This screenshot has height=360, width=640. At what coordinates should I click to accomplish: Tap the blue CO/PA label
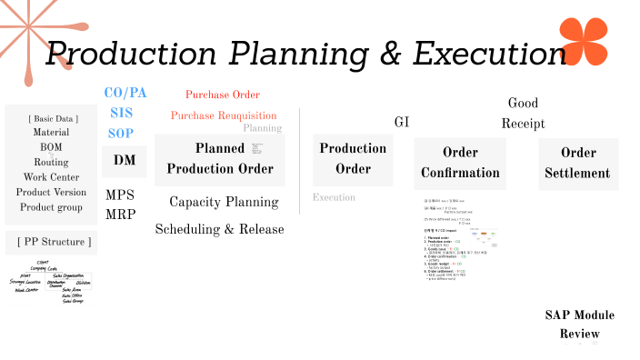click(125, 94)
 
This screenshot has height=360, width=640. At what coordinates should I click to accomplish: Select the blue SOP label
click(121, 133)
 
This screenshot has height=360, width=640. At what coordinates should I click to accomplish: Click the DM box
click(124, 161)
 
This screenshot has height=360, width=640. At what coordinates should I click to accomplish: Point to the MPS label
click(120, 195)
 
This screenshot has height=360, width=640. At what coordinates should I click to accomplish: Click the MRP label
click(120, 215)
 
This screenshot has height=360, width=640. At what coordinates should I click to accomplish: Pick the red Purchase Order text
click(223, 95)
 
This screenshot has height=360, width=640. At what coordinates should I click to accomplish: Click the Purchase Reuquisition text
click(224, 115)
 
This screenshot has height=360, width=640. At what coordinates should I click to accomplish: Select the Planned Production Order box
click(219, 159)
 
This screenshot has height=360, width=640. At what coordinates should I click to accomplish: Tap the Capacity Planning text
click(224, 202)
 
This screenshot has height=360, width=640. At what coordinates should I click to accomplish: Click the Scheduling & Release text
click(219, 229)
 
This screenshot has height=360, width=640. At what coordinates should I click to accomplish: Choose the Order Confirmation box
click(459, 163)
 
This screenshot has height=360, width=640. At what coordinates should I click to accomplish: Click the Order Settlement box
click(578, 163)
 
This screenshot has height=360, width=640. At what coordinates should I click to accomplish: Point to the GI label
click(402, 122)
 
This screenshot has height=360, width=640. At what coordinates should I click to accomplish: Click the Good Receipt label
click(523, 113)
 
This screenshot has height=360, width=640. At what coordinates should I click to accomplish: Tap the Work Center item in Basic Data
click(50, 176)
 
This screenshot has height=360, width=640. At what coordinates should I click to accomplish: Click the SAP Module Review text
click(579, 325)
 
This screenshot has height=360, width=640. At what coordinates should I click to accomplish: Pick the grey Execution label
click(334, 197)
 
